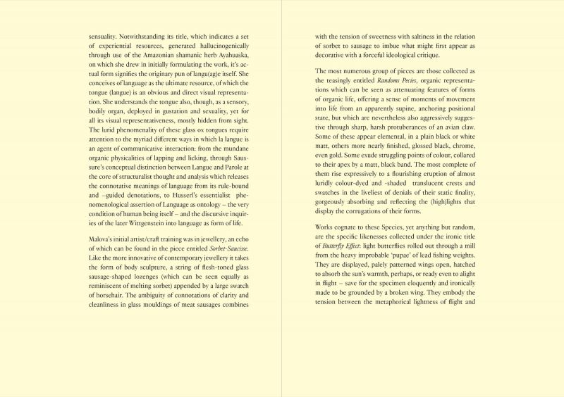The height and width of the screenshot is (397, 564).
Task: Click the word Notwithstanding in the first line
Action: tap(145, 36)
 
